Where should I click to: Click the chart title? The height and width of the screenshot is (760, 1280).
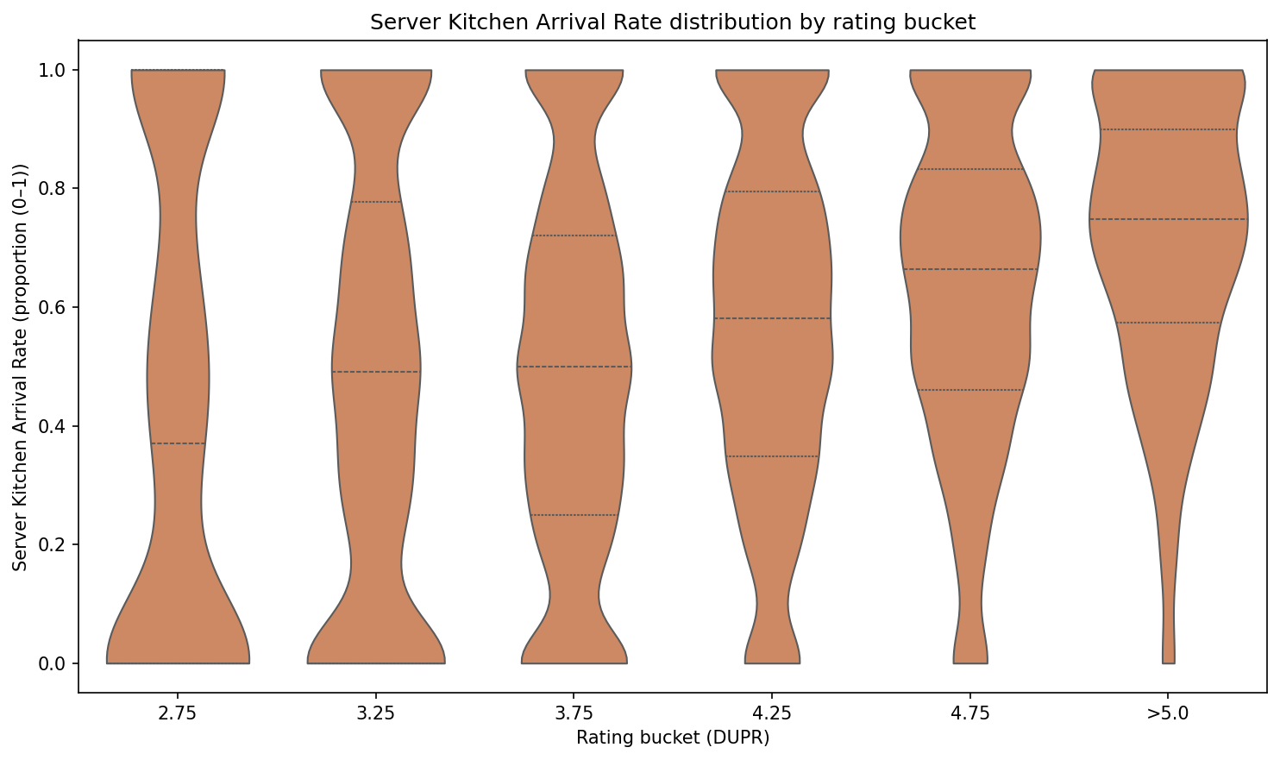point(673,23)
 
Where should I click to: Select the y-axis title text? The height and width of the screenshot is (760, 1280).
point(21,367)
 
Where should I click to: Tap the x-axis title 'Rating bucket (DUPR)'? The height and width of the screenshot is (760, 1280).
point(673,738)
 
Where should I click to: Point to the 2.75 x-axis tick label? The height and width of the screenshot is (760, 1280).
point(178,713)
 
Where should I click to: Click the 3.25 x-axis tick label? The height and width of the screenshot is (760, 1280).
point(376,713)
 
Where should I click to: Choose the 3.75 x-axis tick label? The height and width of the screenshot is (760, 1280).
point(574,713)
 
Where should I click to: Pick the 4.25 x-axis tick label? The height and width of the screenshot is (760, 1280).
point(772,713)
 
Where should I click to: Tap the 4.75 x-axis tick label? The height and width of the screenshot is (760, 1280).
point(970,713)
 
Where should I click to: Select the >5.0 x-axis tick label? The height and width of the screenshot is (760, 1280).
point(1168,713)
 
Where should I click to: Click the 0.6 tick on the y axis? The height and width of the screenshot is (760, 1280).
point(58,308)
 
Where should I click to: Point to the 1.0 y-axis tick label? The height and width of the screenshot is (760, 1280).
point(58,70)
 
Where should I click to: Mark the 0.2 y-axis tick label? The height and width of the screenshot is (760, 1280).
point(58,545)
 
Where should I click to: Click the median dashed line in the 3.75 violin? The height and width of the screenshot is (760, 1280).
point(574,367)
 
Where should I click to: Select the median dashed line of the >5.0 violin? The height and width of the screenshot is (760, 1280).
point(1168,219)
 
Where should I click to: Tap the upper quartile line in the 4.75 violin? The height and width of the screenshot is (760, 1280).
point(970,169)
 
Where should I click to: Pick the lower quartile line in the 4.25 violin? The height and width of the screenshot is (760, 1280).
point(772,456)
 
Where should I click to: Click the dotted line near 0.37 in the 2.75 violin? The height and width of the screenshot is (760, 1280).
point(178,443)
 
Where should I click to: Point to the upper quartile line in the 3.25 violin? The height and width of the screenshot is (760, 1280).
point(376,202)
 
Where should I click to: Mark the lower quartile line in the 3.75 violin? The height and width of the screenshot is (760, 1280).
point(574,515)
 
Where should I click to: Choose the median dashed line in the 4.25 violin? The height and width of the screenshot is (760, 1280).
point(772,318)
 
